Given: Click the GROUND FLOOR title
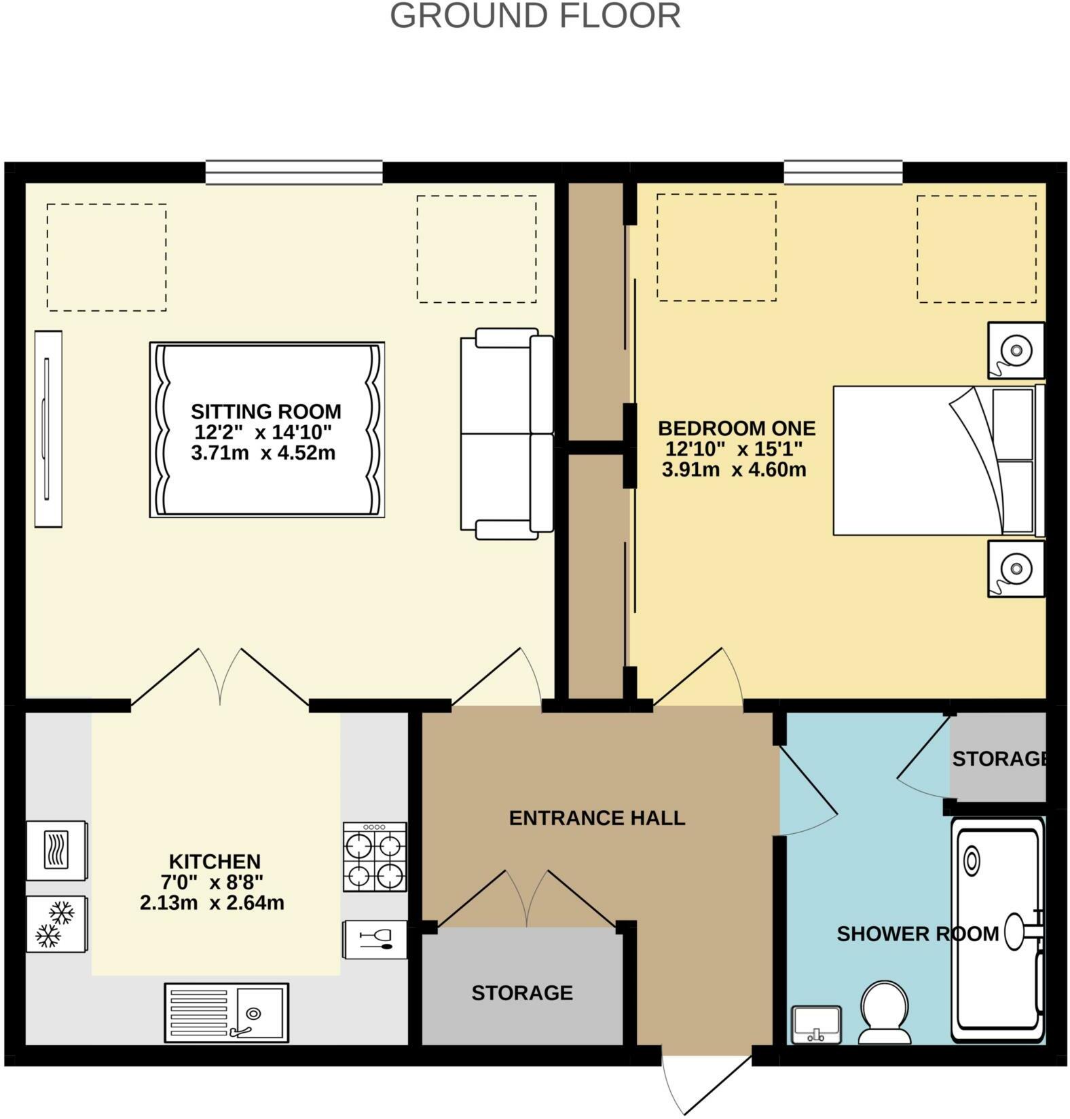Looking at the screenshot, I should pyautogui.click(x=535, y=16).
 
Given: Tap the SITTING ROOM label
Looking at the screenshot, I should pyautogui.click(x=265, y=411).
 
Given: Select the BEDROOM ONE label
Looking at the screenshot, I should pyautogui.click(x=737, y=428).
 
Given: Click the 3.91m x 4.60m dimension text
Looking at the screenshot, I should pyautogui.click(x=734, y=469).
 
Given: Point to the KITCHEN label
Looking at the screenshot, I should pyautogui.click(x=215, y=862).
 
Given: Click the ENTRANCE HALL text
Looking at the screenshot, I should pyautogui.click(x=597, y=818).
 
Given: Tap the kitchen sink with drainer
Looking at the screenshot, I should pyautogui.click(x=227, y=1012).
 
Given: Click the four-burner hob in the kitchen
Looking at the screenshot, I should pyautogui.click(x=375, y=857).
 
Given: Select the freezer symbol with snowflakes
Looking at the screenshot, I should pyautogui.click(x=56, y=924).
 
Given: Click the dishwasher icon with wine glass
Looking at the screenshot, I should pyautogui.click(x=375, y=939).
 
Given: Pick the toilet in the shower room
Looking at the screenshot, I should pyautogui.click(x=885, y=1012).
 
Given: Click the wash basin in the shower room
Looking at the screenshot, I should pyautogui.click(x=817, y=1024).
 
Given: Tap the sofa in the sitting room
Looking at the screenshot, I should pyautogui.click(x=507, y=433).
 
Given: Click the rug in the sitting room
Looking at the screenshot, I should pyautogui.click(x=267, y=430).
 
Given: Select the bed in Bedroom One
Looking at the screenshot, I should pyautogui.click(x=937, y=460).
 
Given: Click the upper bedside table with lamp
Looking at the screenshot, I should pyautogui.click(x=1016, y=350).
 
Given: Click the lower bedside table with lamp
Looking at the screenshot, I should pyautogui.click(x=1016, y=568).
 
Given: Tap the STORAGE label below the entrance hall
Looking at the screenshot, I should pyautogui.click(x=522, y=993).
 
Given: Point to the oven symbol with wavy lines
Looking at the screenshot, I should pyautogui.click(x=56, y=850).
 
